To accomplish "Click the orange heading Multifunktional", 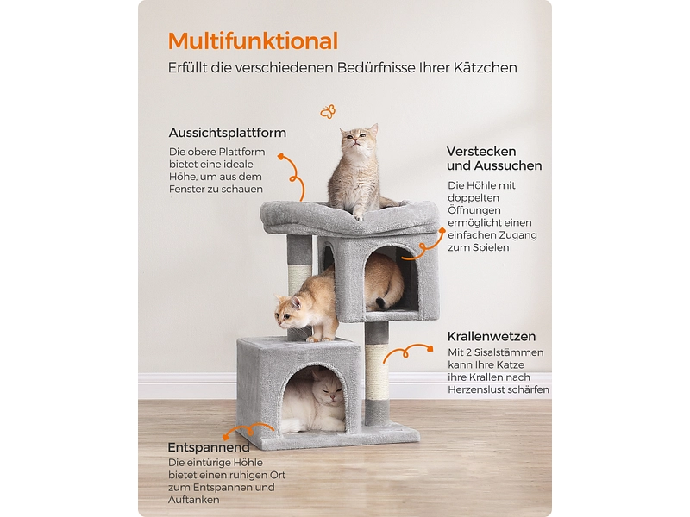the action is click(253, 41).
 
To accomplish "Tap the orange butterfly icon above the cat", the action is click(328, 112).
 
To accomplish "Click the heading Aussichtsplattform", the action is click(228, 133).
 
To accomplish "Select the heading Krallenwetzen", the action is click(492, 337).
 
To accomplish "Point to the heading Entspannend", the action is click(209, 447).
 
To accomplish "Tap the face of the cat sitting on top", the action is click(355, 138).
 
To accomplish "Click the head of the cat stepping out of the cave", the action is click(291, 311).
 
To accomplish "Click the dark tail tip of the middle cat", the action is click(380, 303).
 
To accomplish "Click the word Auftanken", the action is click(193, 500).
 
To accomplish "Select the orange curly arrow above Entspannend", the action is click(248, 428).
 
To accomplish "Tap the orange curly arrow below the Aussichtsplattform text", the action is click(294, 178).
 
